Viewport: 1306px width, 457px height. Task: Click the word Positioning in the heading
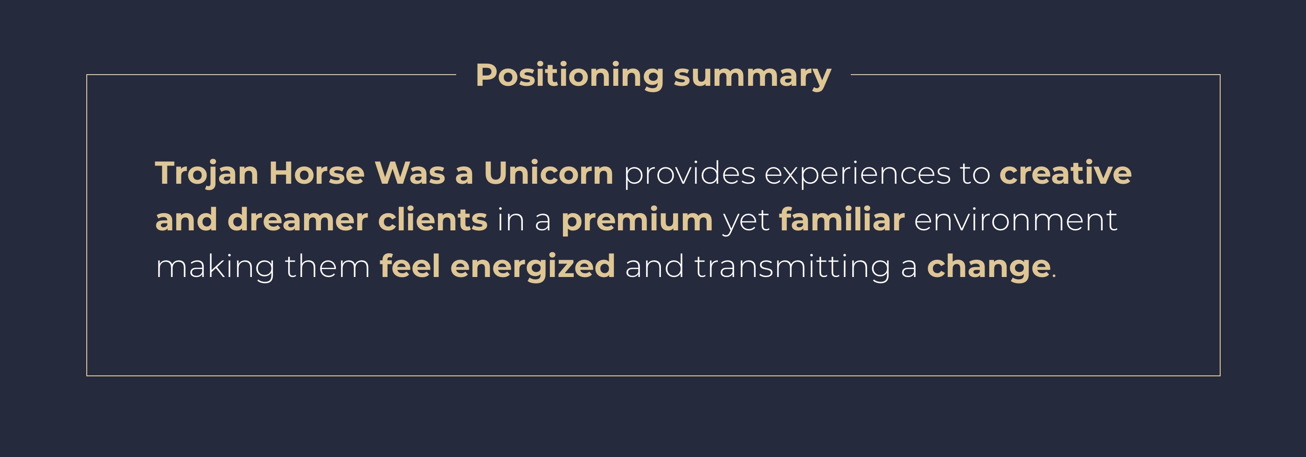coord(570,76)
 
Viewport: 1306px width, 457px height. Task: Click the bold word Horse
coord(317,173)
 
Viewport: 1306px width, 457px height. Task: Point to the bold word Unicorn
coord(549,173)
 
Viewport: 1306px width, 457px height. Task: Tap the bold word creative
coord(1065,173)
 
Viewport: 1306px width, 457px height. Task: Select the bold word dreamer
coord(298,220)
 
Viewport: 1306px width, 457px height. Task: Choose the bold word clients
coord(432,220)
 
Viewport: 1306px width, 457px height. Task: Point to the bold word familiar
coord(841,220)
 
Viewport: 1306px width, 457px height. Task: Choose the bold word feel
coord(410,266)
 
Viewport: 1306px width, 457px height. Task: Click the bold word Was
coord(410,173)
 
